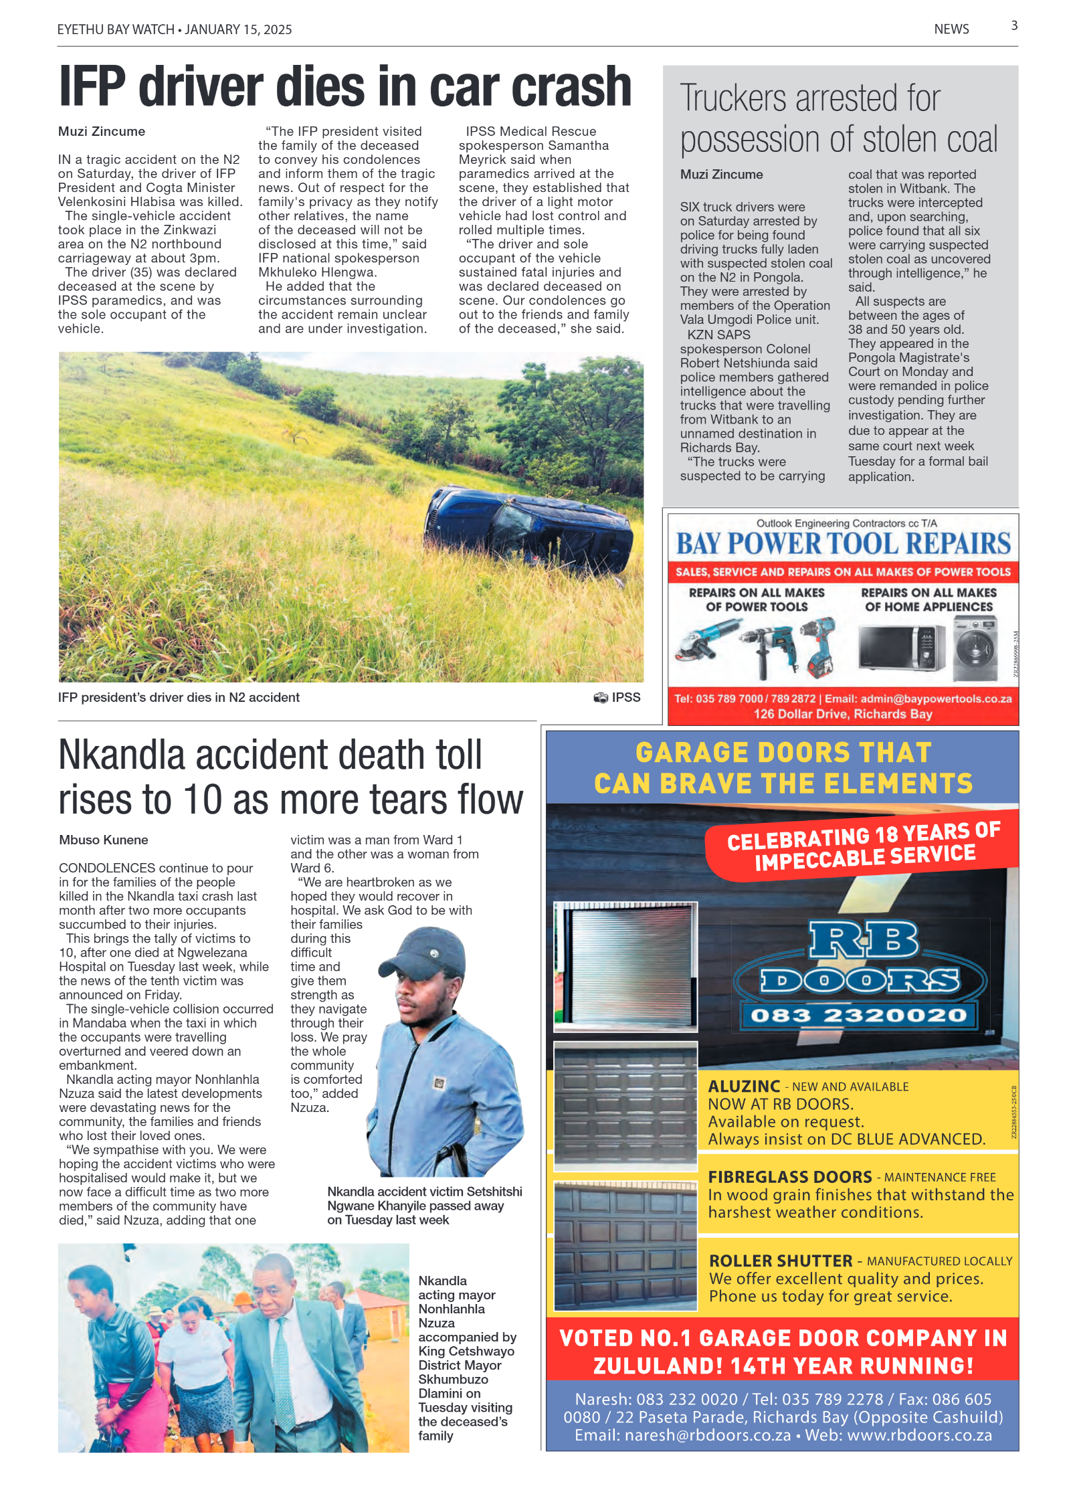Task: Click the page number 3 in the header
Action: point(1013,25)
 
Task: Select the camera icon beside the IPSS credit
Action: point(600,697)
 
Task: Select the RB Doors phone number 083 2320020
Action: point(858,1015)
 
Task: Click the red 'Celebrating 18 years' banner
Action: point(863,846)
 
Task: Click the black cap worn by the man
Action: point(424,953)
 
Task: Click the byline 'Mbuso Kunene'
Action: point(104,840)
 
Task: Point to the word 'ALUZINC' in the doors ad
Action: point(744,1086)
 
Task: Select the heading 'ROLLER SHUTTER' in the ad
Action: point(780,1261)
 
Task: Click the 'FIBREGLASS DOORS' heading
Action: point(789,1177)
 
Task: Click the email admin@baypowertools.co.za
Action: point(935,699)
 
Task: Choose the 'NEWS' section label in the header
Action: point(951,29)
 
